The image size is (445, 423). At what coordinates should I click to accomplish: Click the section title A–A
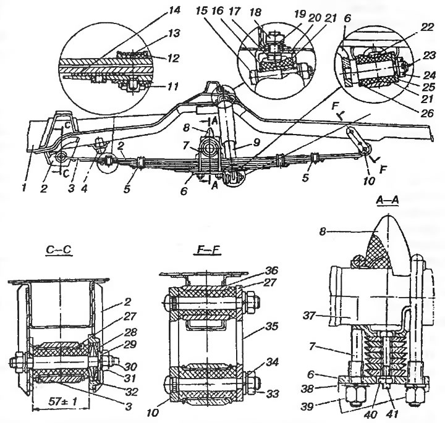pyautogui.click(x=387, y=200)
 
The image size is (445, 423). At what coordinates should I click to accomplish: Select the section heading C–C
pyautogui.click(x=59, y=250)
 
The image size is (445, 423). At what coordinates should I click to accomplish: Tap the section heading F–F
pyautogui.click(x=208, y=250)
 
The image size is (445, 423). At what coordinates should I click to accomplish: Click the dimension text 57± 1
pyautogui.click(x=62, y=401)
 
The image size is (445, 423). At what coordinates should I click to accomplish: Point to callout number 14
pyautogui.click(x=174, y=10)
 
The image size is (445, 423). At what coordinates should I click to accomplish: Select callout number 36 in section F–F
pyautogui.click(x=271, y=270)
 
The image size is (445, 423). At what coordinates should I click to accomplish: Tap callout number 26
pyautogui.click(x=427, y=113)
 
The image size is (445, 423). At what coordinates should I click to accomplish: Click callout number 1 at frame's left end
pyautogui.click(x=24, y=188)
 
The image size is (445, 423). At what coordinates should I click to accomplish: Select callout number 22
pyautogui.click(x=428, y=27)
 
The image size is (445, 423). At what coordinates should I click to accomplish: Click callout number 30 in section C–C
pyautogui.click(x=130, y=366)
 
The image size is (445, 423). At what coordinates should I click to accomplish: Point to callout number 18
pyautogui.click(x=256, y=12)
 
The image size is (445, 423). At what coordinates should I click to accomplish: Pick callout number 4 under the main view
pyautogui.click(x=84, y=188)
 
